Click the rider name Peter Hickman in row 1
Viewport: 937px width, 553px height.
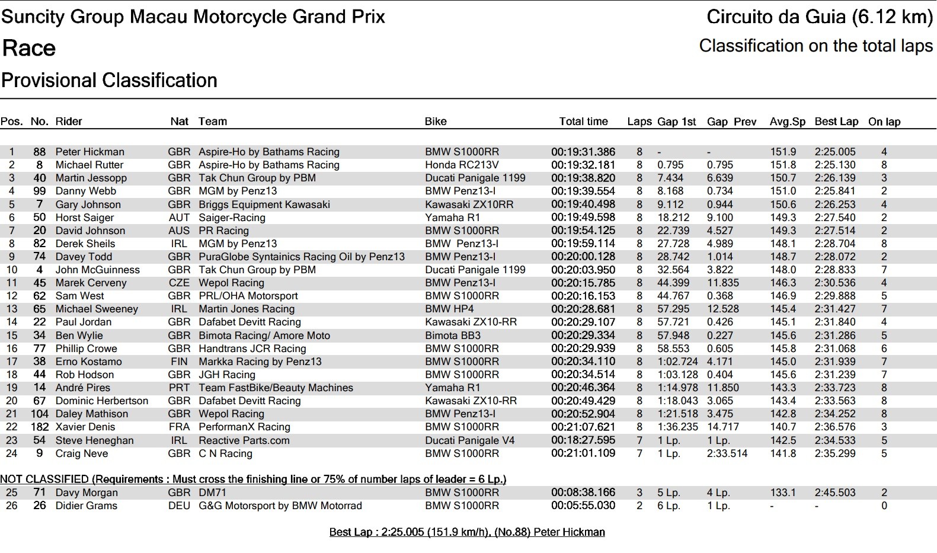(x=90, y=152)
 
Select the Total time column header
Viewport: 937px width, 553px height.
(x=583, y=122)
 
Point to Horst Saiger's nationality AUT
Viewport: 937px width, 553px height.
(x=179, y=218)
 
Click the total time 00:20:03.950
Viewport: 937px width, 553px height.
(x=583, y=270)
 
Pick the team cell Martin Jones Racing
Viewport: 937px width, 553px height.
(x=247, y=309)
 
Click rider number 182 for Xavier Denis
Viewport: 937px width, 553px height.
(x=40, y=427)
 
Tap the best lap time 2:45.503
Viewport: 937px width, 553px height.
(x=835, y=493)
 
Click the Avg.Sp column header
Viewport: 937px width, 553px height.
(x=787, y=122)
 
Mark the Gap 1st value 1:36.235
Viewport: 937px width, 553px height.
(x=677, y=427)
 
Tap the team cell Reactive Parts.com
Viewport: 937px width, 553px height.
(x=244, y=440)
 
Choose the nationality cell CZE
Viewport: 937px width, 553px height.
(x=179, y=283)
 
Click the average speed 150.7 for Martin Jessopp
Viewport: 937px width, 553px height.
(x=783, y=178)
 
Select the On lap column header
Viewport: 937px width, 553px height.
(x=884, y=122)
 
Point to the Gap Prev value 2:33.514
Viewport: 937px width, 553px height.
(x=727, y=453)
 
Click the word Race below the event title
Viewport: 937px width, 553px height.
(x=29, y=48)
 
